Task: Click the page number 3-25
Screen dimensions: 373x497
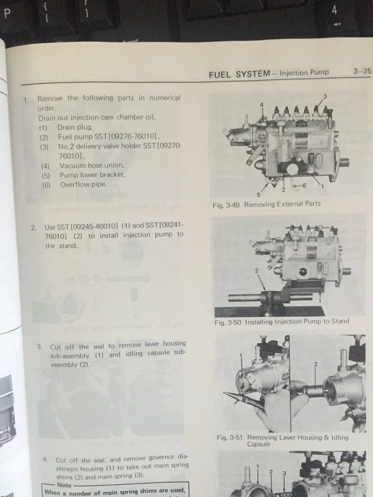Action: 362,71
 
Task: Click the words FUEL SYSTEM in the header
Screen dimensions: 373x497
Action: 239,74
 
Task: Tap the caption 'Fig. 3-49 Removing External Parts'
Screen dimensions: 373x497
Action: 267,204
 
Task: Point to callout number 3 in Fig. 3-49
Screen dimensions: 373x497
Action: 325,97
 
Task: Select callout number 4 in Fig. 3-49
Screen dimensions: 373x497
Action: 262,104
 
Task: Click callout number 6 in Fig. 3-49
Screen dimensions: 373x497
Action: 304,186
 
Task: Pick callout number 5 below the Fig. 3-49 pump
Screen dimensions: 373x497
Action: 259,195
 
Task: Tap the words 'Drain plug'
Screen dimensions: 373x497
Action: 75,127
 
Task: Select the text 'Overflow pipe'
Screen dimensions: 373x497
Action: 83,184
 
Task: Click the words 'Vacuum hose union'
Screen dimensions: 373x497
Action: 92,165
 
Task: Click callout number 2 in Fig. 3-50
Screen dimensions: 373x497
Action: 256,271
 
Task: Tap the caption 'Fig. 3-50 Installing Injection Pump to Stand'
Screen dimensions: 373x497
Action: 282,322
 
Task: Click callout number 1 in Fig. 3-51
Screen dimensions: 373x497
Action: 241,356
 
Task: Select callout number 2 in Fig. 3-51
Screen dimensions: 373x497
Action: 316,364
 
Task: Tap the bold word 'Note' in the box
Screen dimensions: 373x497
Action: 64,485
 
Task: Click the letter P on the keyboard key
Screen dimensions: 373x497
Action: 7,14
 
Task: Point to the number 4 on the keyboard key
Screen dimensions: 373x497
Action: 334,10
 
